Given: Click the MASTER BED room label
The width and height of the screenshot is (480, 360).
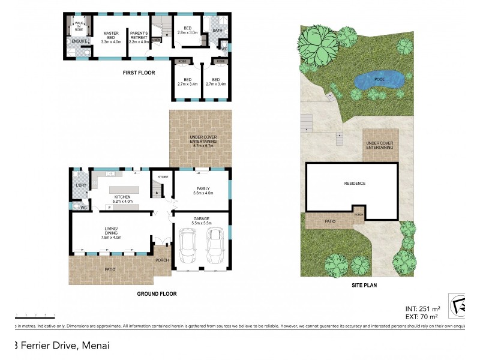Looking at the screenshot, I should click(112, 37).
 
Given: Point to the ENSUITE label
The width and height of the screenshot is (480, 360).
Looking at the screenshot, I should click(80, 41).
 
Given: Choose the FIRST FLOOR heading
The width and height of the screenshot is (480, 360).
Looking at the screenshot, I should click(140, 73).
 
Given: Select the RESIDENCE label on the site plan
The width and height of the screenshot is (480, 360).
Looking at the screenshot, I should click(355, 183).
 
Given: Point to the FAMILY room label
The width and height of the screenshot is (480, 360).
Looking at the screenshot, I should click(202, 190).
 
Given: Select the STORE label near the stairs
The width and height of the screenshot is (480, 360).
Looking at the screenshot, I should click(163, 177).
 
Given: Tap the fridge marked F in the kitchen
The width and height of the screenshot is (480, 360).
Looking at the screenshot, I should click(109, 207).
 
